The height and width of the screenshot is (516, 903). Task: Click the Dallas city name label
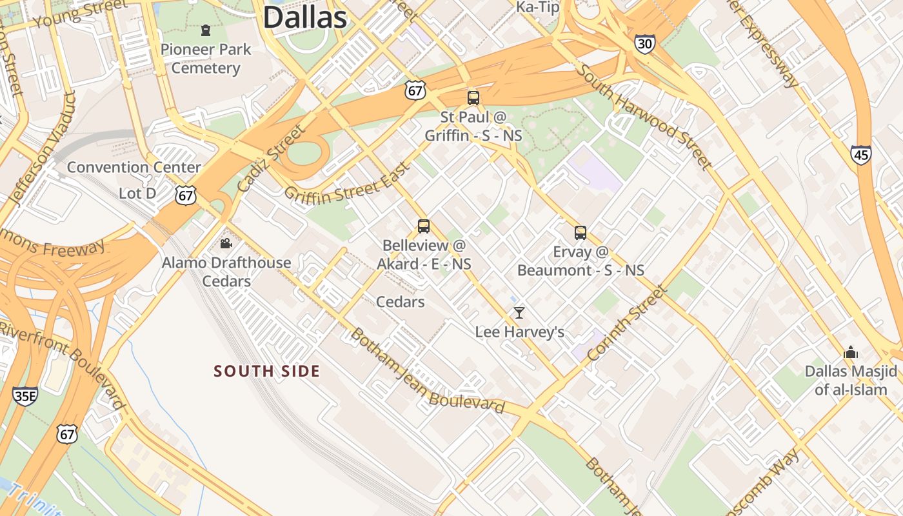(x=305, y=17)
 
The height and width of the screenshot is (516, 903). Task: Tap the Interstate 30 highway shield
(x=644, y=43)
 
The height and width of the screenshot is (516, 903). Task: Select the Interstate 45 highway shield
(x=860, y=154)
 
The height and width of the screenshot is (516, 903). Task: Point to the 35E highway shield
(x=25, y=395)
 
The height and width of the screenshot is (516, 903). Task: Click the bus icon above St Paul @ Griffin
(x=473, y=98)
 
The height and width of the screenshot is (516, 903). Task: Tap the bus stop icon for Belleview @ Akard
(x=424, y=226)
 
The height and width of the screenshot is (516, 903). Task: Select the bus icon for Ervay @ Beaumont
(x=580, y=233)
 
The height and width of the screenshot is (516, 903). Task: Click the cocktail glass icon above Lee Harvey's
(x=519, y=313)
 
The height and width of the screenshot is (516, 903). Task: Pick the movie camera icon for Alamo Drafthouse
(x=226, y=243)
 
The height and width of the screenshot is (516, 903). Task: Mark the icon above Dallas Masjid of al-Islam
(x=851, y=352)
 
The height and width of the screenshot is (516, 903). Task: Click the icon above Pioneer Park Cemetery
(x=206, y=30)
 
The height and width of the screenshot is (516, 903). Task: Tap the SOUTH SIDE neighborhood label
(x=267, y=371)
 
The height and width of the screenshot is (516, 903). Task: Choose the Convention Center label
(x=134, y=167)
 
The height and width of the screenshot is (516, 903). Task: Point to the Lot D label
(x=137, y=193)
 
